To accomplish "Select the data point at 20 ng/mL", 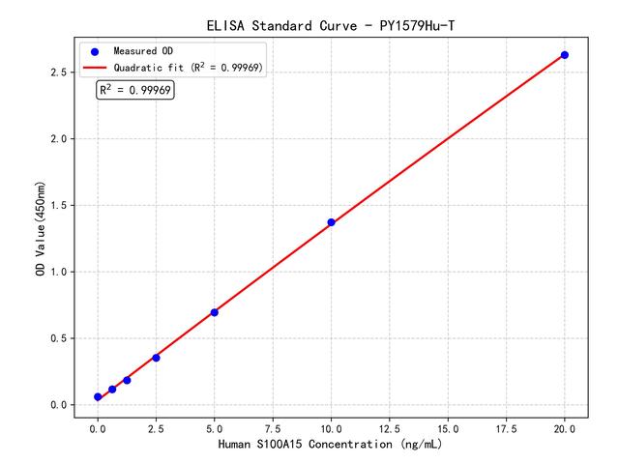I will [x=565, y=55].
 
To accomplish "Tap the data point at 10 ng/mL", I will [x=331, y=222].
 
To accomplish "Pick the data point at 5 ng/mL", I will [x=214, y=312].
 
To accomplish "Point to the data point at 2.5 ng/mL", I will [x=156, y=358].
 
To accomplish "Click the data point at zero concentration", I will [x=98, y=397].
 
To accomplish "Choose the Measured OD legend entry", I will [x=140, y=51].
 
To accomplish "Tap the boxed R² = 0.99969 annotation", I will [x=135, y=90].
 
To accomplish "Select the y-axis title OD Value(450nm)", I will [x=40, y=228].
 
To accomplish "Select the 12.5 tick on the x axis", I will [x=390, y=426].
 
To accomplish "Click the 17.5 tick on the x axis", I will [x=507, y=426].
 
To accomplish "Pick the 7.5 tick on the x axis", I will [x=273, y=426].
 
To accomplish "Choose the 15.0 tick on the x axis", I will [x=448, y=426].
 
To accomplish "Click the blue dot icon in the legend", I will [x=95, y=51].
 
